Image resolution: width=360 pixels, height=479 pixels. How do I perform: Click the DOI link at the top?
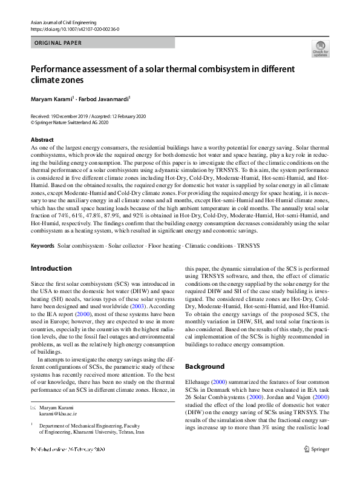pyautogui.click(x=74, y=28)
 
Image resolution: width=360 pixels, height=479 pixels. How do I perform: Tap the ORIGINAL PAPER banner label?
pyautogui.click(x=58, y=43)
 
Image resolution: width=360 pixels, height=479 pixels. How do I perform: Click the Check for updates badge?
pyautogui.click(x=320, y=49)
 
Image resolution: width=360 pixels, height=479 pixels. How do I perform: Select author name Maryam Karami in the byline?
pyautogui.click(x=51, y=99)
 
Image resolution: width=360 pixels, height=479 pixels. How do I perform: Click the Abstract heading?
pyautogui.click(x=42, y=140)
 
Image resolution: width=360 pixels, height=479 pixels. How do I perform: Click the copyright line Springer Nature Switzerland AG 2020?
pyautogui.click(x=72, y=122)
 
